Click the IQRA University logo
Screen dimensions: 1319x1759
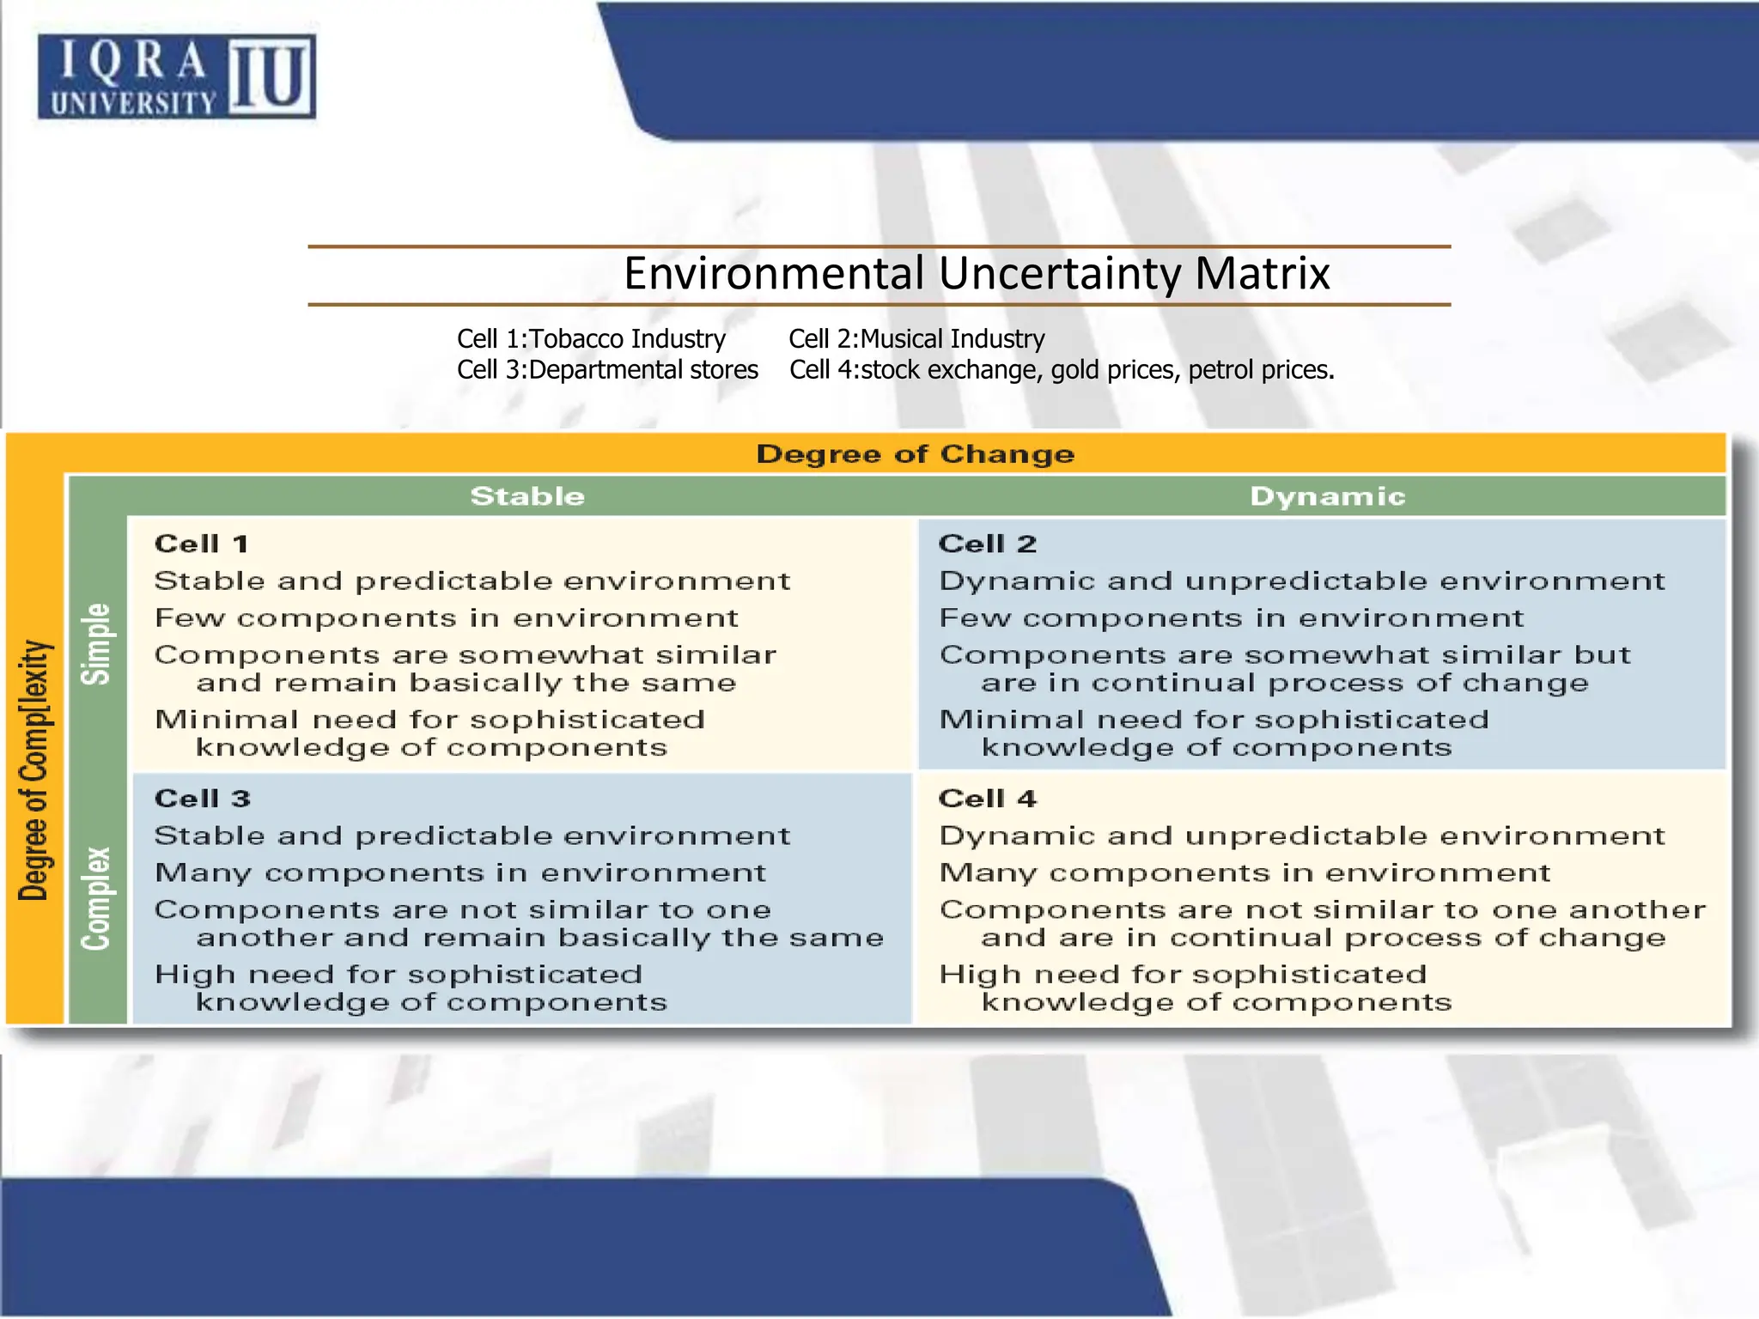[176, 76]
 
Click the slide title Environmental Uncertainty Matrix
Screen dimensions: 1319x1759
[977, 274]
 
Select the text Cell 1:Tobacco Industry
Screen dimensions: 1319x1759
[591, 339]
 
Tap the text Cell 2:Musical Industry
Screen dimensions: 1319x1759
[916, 339]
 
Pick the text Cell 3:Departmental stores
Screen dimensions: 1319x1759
[607, 370]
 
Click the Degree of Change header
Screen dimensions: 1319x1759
[915, 454]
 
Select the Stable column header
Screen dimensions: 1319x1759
[527, 496]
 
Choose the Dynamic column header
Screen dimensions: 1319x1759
[1327, 496]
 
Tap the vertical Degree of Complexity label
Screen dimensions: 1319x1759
[35, 769]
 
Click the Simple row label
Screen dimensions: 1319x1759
[96, 643]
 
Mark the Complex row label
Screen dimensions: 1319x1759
[96, 898]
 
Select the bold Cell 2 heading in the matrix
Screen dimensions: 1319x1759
[988, 544]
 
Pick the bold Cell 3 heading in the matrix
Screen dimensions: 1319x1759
[203, 799]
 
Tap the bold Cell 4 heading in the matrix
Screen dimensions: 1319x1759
[988, 799]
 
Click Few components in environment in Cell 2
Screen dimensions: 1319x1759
[1232, 618]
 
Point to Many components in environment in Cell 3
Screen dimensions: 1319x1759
[460, 873]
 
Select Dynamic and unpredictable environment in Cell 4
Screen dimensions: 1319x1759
[1302, 836]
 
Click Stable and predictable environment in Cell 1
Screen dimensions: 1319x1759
[472, 581]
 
